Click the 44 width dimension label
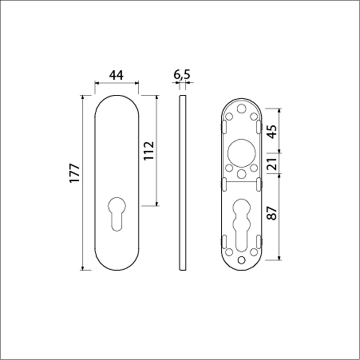coord(116,75)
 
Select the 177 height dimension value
coord(75,173)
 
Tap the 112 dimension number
coord(149,151)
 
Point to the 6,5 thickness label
coord(182,75)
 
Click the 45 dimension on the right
coord(273,132)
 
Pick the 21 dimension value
coord(273,164)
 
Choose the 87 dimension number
coord(273,213)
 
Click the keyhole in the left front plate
coord(117,214)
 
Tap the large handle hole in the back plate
coord(241,153)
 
